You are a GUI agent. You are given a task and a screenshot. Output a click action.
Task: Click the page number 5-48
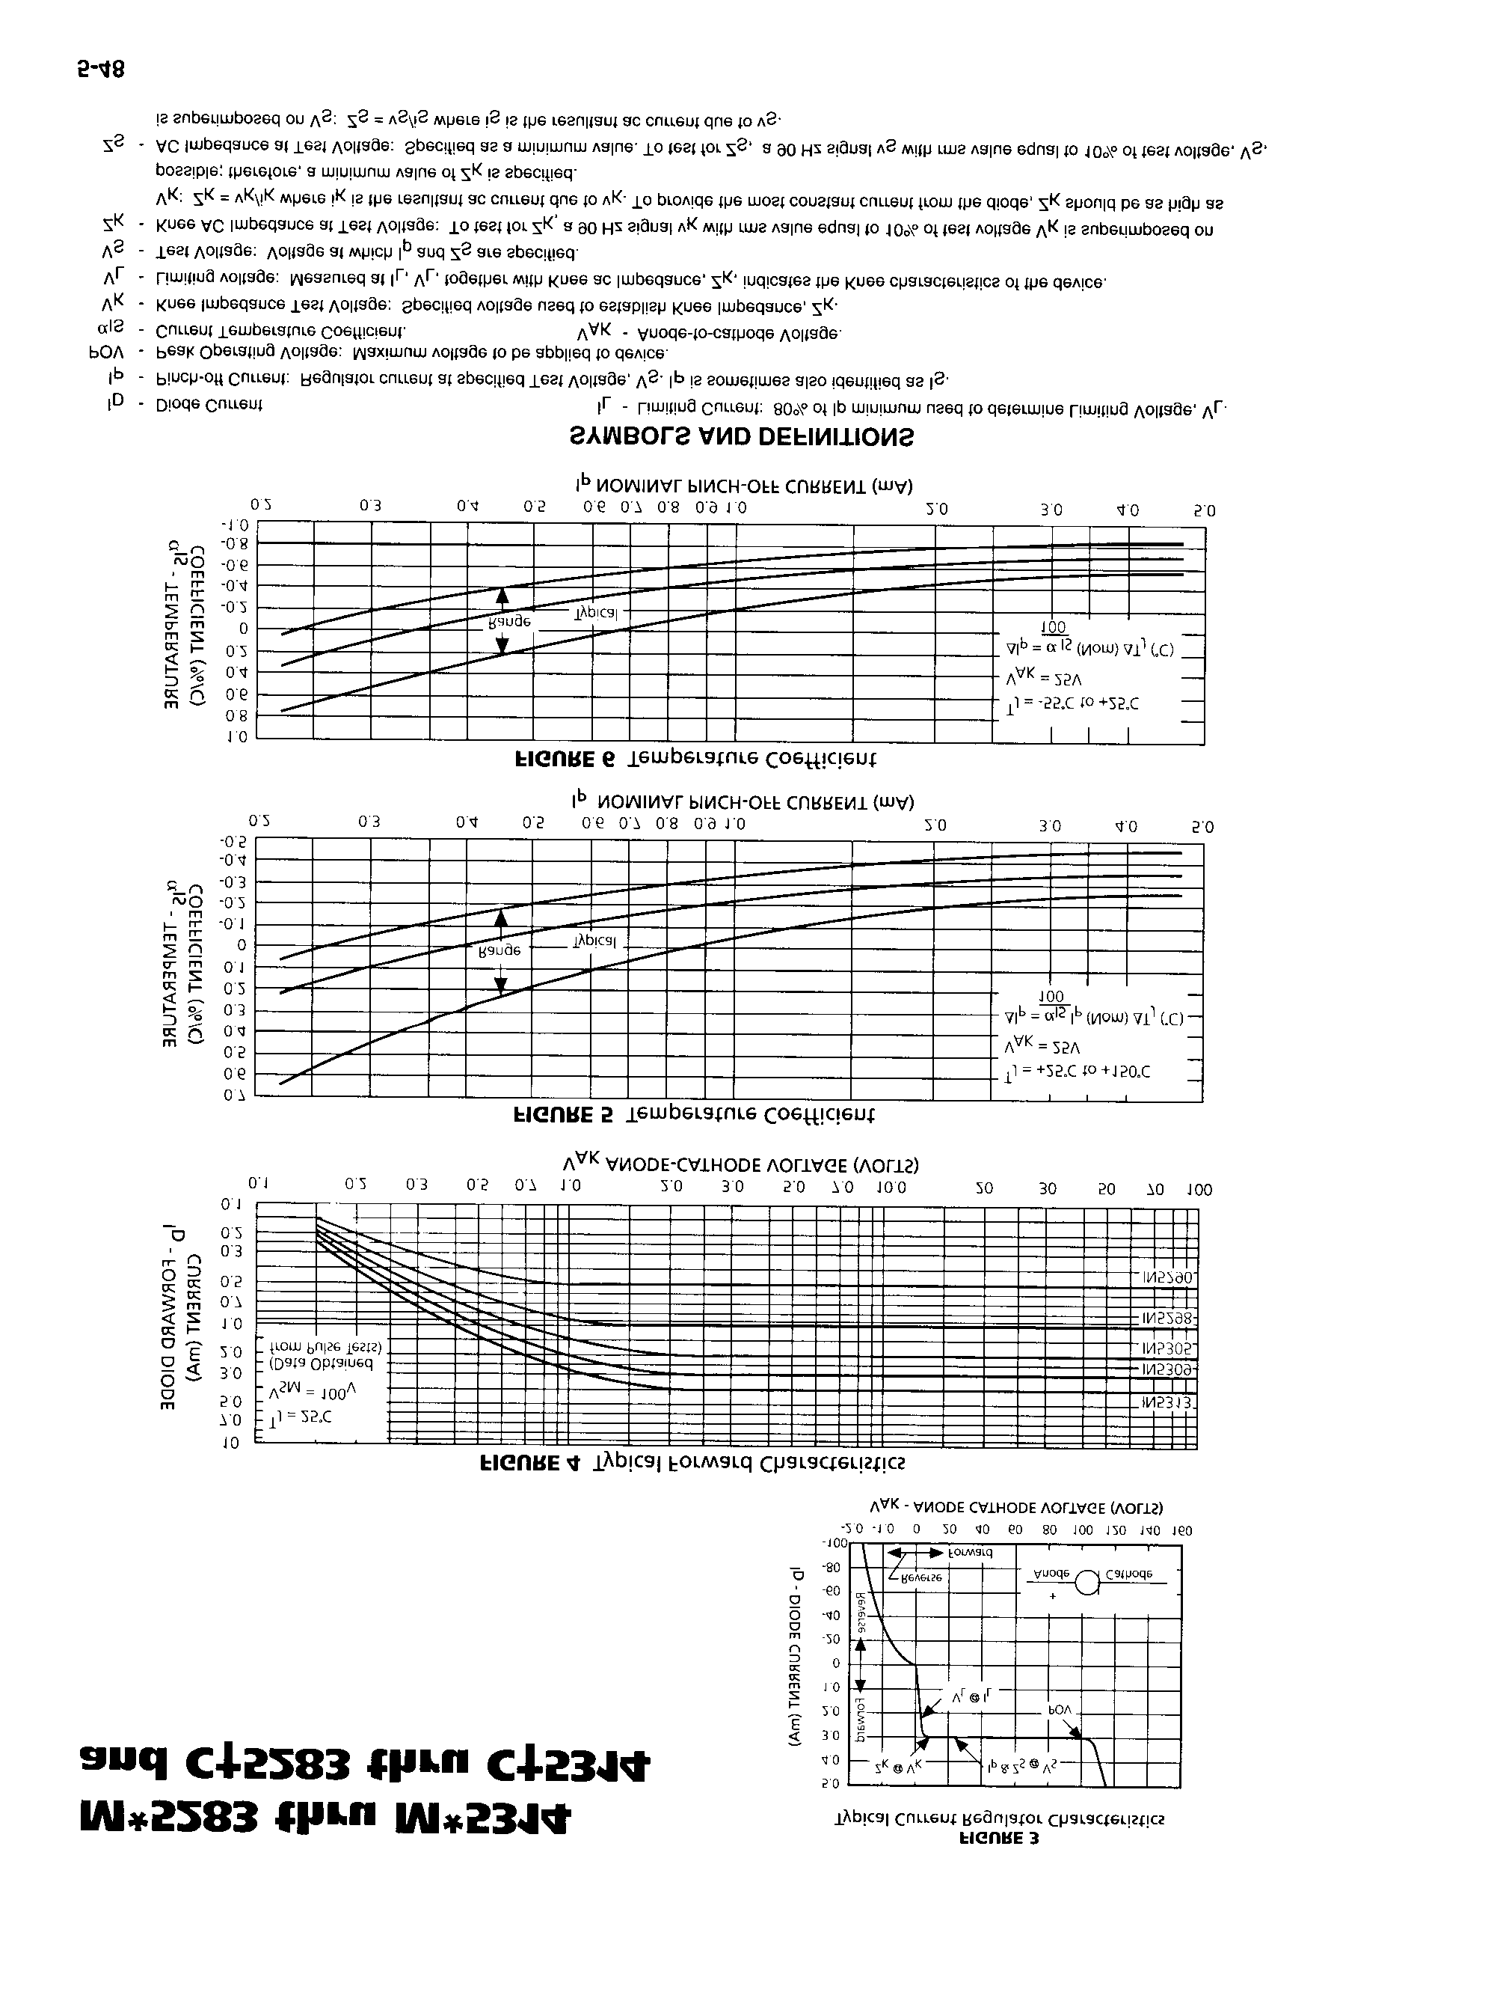[101, 70]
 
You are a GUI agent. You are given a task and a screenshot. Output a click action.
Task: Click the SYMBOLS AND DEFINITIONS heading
[742, 438]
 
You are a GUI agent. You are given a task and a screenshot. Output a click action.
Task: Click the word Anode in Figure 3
[1051, 1574]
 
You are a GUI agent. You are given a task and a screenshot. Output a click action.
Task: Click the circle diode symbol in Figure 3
[1087, 1583]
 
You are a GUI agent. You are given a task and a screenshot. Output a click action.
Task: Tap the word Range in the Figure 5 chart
[500, 950]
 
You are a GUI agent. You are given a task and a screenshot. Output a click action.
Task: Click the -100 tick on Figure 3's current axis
[834, 1543]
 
